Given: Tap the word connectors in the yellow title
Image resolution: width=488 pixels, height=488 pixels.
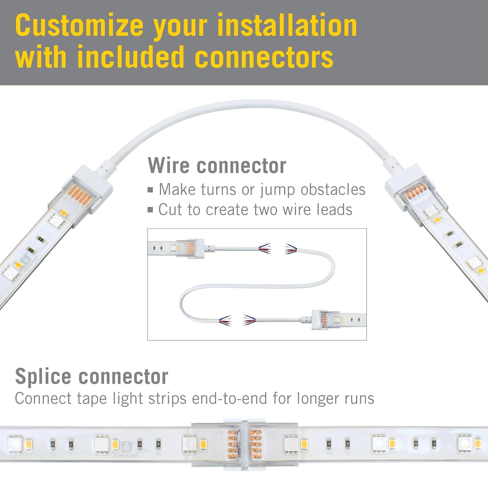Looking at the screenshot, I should pyautogui.click(x=264, y=57).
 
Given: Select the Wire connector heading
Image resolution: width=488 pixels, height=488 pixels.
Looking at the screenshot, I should pyautogui.click(x=217, y=166).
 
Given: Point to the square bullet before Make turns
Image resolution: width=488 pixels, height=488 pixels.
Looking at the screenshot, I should pyautogui.click(x=150, y=190).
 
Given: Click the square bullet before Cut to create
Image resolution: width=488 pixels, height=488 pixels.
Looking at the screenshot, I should pyautogui.click(x=150, y=210).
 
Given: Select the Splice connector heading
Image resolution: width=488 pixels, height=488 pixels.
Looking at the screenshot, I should pyautogui.click(x=91, y=376).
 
